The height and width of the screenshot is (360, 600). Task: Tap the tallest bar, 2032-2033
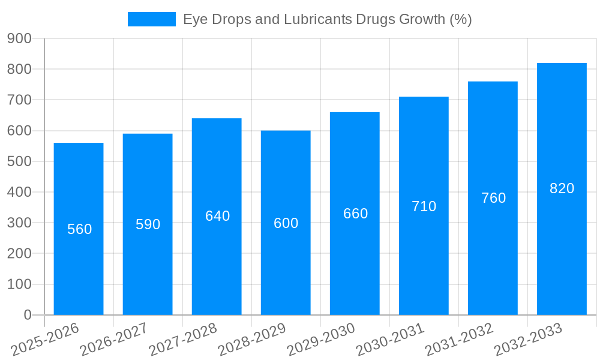562,252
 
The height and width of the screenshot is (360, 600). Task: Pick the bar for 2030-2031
424,264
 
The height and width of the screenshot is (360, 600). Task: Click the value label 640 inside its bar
217,216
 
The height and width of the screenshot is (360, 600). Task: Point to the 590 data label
148,224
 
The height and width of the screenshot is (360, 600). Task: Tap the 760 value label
493,198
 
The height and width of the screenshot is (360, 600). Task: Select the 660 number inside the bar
355,214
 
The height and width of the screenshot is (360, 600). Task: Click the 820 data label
562,188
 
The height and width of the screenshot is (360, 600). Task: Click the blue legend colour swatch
152,19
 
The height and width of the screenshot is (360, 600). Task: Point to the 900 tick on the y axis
19,38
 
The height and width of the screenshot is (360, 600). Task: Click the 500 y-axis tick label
19,161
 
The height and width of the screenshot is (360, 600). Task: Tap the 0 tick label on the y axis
27,315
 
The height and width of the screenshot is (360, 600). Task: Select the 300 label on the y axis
19,223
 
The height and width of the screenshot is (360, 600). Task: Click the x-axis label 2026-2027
114,339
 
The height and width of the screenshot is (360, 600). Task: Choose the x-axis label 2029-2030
321,339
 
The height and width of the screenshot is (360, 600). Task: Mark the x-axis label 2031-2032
459,339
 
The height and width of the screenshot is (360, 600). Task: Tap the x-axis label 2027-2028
183,339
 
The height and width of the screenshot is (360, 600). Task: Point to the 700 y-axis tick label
19,100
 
